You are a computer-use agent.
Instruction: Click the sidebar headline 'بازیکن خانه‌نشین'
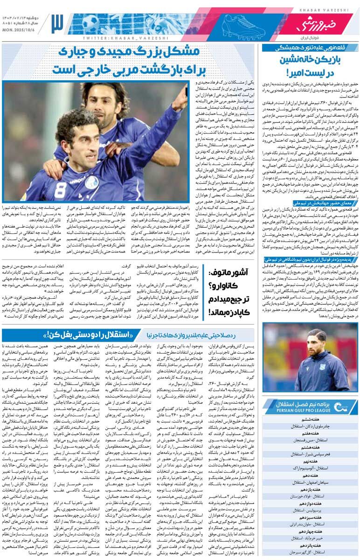tap(310, 60)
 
